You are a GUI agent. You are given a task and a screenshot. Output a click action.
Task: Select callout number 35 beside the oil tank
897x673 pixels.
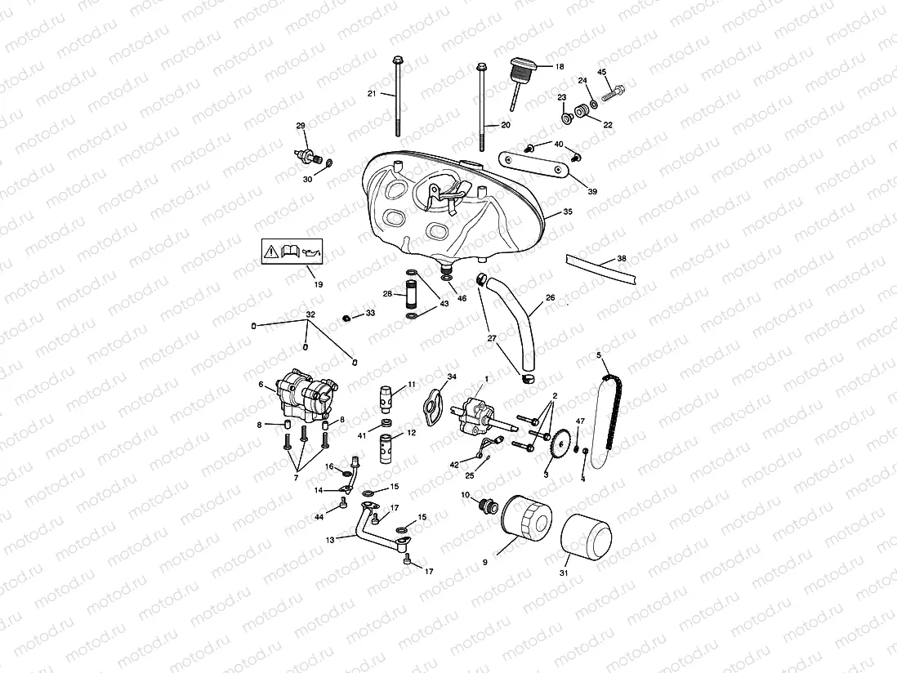(567, 212)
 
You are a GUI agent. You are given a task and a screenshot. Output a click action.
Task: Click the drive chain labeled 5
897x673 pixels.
(609, 417)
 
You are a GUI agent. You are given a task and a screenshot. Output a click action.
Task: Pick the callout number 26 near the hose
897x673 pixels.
(550, 298)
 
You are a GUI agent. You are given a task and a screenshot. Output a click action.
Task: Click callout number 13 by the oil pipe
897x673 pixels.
(330, 539)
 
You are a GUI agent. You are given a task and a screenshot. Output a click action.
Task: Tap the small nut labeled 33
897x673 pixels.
(346, 317)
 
